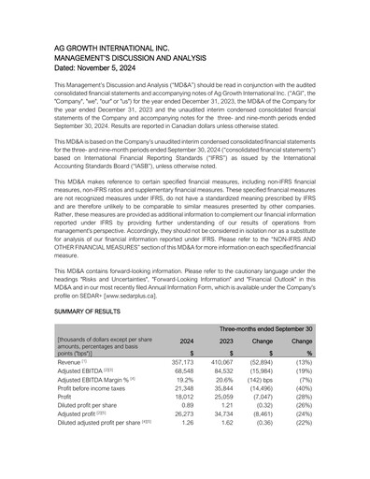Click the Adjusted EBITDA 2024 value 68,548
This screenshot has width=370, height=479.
coord(180,370)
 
